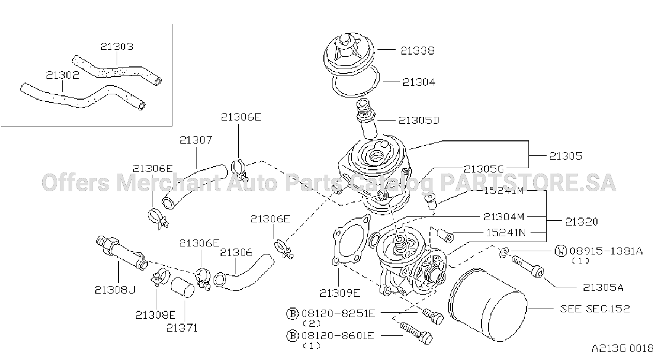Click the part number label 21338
point(418,50)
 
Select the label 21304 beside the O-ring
point(419,82)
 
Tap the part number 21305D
point(419,120)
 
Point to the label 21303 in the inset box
point(117,47)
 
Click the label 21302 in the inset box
point(63,75)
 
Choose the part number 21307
point(196,140)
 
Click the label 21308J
point(115,290)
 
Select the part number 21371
point(182,328)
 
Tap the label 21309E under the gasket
point(339,293)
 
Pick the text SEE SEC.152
point(595,309)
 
